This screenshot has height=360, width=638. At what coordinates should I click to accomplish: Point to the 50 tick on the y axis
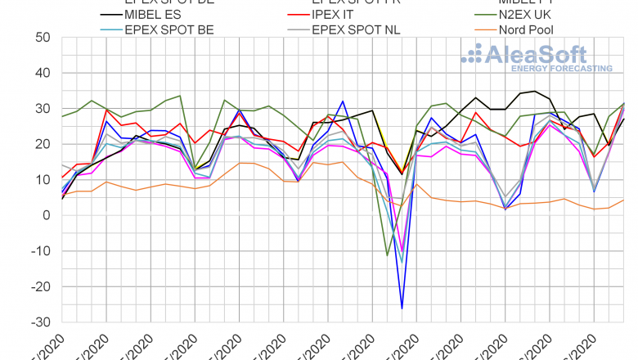pyautogui.click(x=43, y=38)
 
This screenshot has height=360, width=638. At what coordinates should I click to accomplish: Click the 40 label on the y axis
pyautogui.click(x=43, y=73)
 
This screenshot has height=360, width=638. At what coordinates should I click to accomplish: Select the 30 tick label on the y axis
pyautogui.click(x=43, y=109)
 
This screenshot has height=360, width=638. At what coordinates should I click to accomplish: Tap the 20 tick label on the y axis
pyautogui.click(x=43, y=144)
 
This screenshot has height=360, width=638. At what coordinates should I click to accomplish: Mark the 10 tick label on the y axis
pyautogui.click(x=43, y=180)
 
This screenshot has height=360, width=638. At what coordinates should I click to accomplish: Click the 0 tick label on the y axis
pyautogui.click(x=47, y=215)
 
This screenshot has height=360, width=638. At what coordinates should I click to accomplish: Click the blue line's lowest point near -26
pyautogui.click(x=402, y=308)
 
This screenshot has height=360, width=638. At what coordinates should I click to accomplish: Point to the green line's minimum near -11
pyautogui.click(x=387, y=255)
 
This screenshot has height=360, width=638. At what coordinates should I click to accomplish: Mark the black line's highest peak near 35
pyautogui.click(x=535, y=91)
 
